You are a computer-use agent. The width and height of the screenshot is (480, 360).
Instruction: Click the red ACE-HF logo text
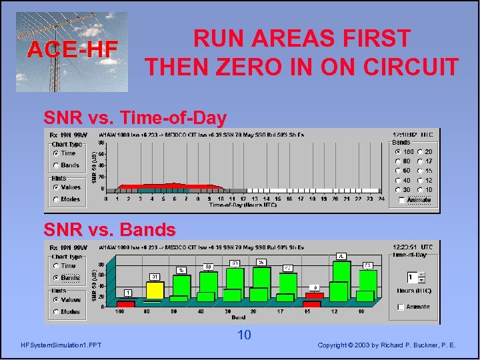pos(72,49)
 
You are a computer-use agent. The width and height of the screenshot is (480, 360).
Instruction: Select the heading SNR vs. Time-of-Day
pos(135,118)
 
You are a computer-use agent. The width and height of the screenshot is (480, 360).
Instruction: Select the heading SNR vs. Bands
pos(109,230)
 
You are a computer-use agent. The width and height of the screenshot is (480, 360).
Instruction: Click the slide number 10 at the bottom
pos(244,335)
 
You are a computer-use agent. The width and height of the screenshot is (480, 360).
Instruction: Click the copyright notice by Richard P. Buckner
pos(387,345)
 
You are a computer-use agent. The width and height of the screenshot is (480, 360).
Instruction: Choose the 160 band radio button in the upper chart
pos(397,152)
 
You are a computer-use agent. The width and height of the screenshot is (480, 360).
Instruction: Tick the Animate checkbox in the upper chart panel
pos(401,199)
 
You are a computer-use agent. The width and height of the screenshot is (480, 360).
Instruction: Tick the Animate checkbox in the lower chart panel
pos(400,307)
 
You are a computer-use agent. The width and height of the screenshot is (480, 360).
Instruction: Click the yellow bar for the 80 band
pos(154,291)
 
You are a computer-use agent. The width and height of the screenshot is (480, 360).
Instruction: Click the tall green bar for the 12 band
pos(341,281)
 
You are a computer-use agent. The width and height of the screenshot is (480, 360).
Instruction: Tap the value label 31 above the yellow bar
pos(154,277)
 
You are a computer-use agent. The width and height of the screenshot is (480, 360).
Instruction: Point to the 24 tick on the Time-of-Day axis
pos(381,199)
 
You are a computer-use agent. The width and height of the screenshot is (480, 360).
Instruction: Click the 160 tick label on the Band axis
pos(120,311)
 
